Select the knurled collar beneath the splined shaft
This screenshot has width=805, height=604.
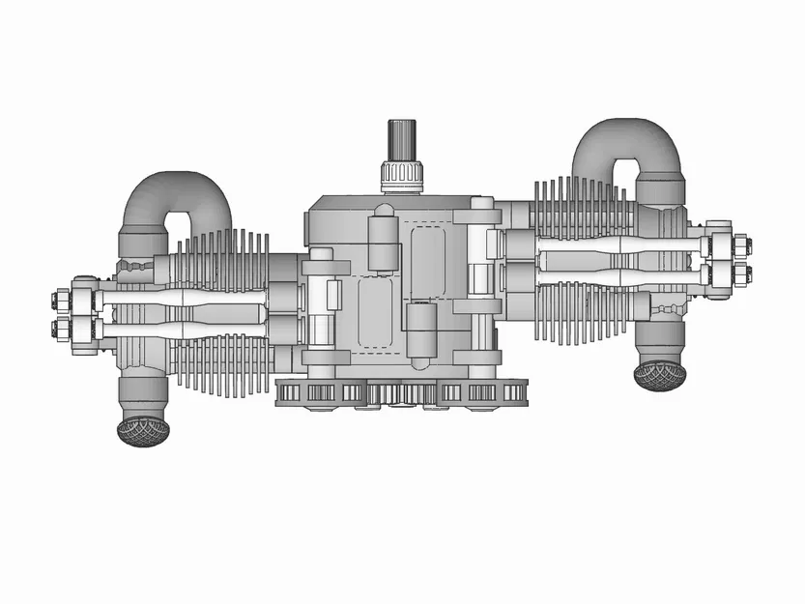[402, 176]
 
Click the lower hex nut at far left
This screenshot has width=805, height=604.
[59, 329]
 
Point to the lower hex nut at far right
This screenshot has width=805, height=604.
[742, 273]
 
